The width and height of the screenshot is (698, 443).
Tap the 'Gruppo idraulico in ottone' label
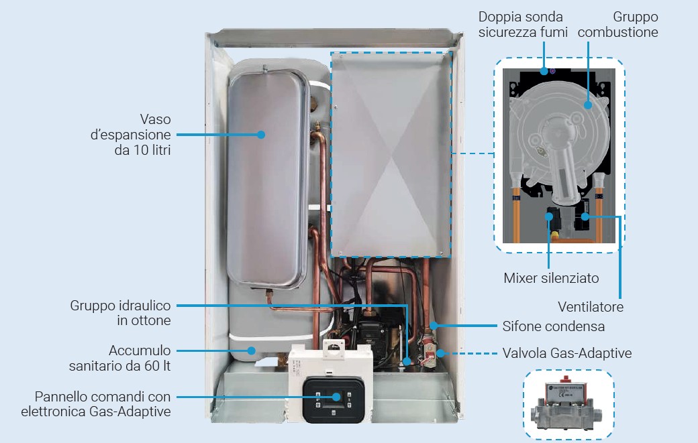click(x=121, y=313)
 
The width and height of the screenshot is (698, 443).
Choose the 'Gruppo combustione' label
click(x=617, y=24)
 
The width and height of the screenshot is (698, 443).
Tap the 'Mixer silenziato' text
click(x=551, y=277)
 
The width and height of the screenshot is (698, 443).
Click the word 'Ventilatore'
click(x=591, y=308)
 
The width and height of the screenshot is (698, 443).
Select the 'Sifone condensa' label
click(x=554, y=326)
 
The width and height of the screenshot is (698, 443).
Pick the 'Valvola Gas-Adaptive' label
click(x=567, y=353)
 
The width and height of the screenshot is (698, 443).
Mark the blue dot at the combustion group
click(x=587, y=104)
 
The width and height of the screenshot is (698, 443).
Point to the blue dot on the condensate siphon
click(x=434, y=326)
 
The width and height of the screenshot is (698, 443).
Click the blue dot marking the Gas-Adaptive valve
click(x=440, y=352)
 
